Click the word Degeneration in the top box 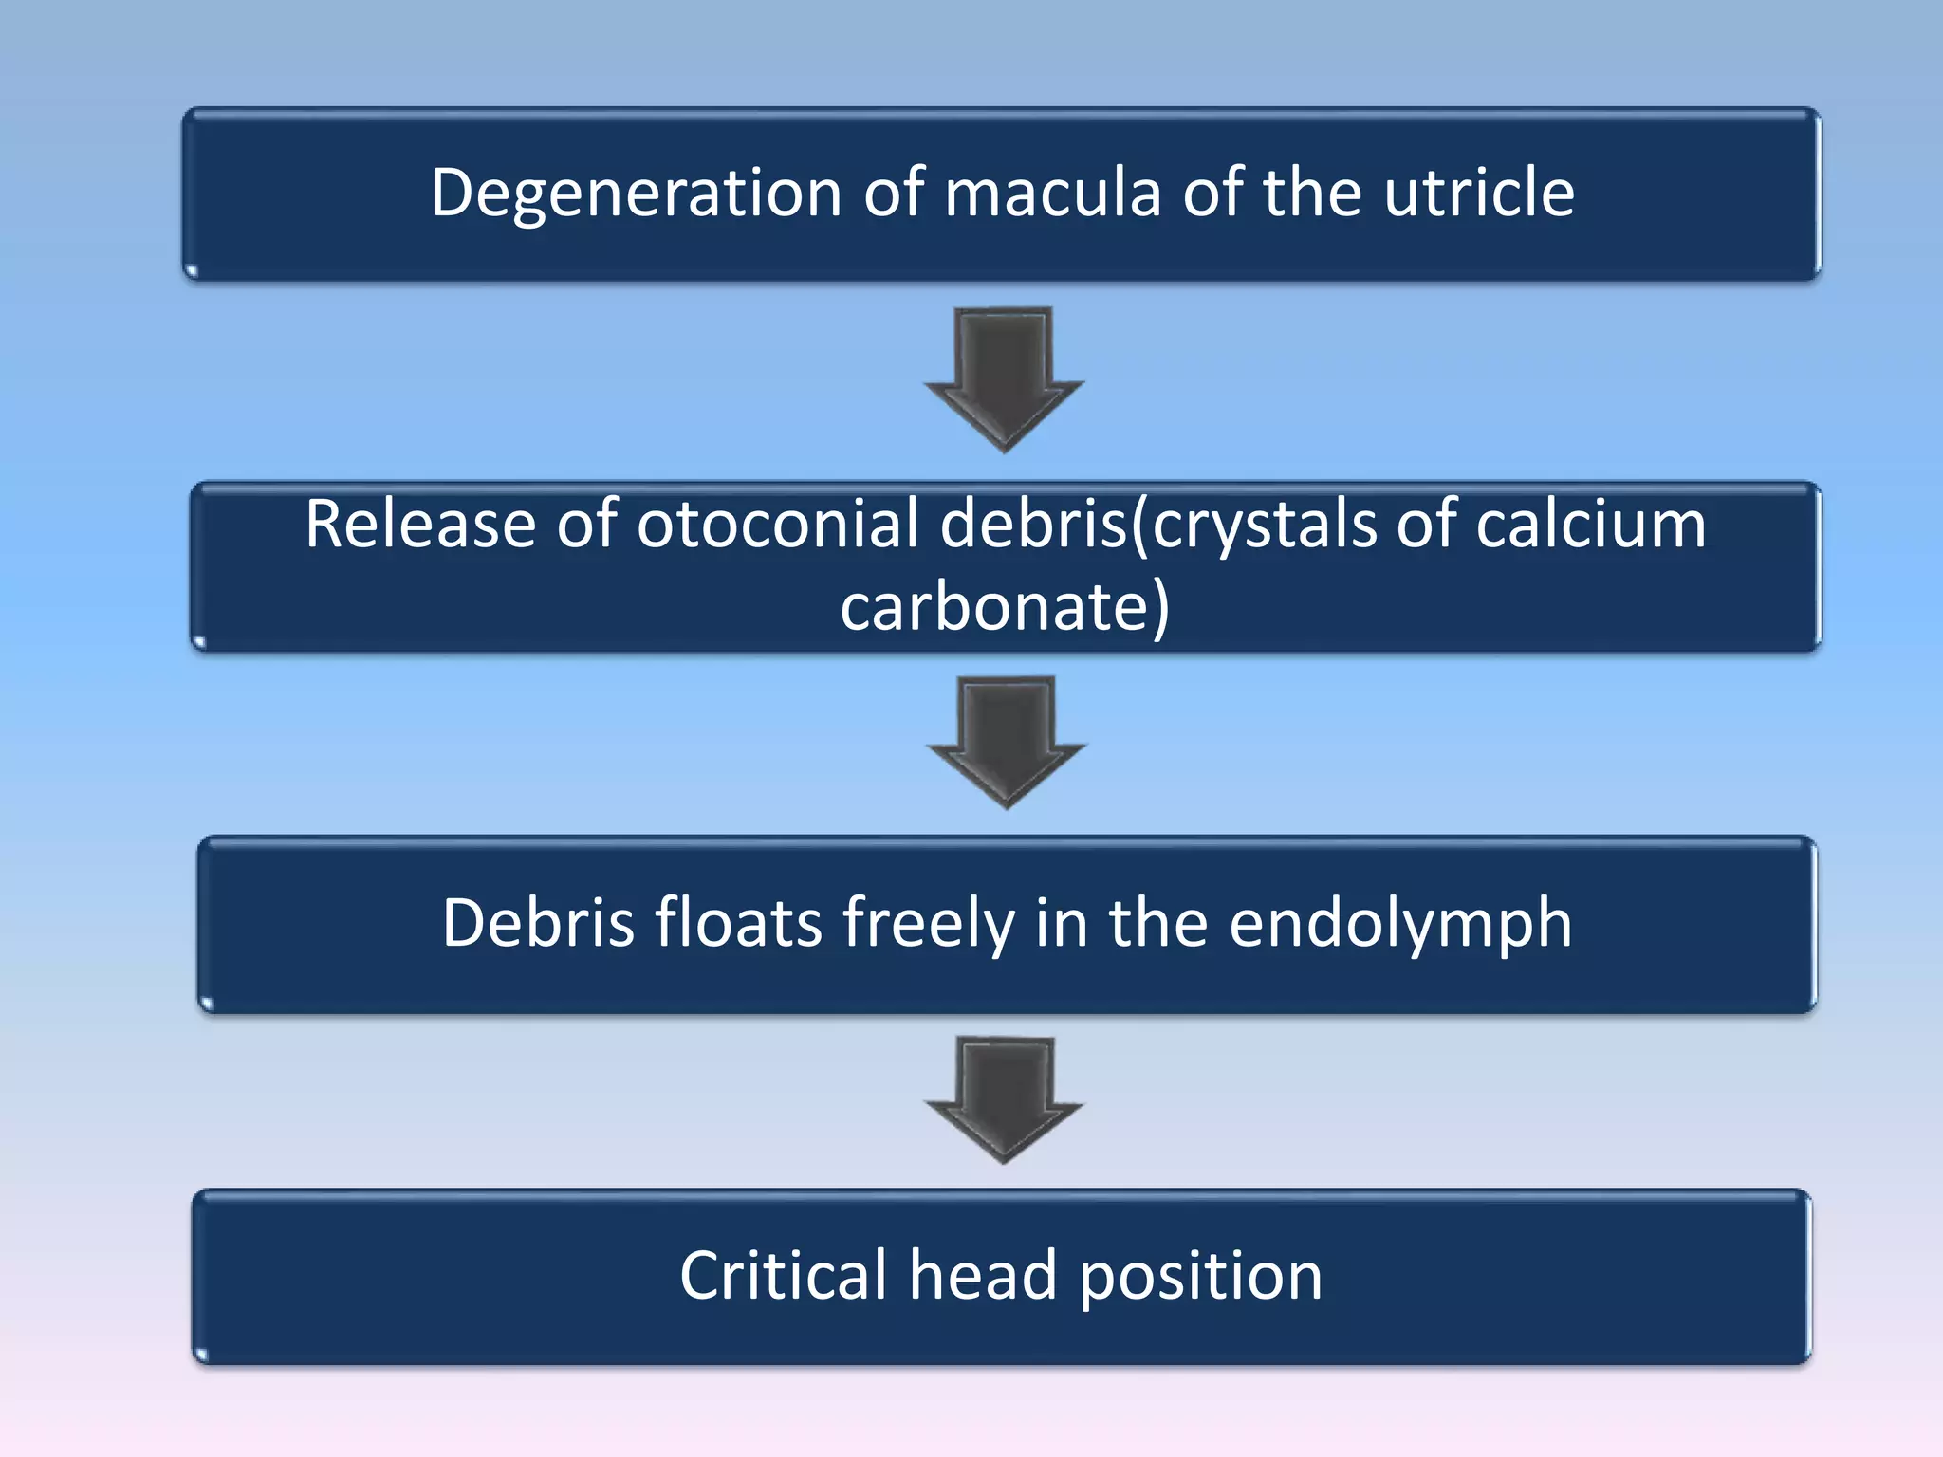click(636, 194)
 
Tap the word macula click(1052, 194)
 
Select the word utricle click(1479, 193)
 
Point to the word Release click(419, 525)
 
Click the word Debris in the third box click(538, 923)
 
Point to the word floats click(738, 923)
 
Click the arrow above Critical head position click(1004, 1097)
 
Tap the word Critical click(784, 1276)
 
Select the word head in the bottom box click(983, 1276)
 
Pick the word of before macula click(893, 194)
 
